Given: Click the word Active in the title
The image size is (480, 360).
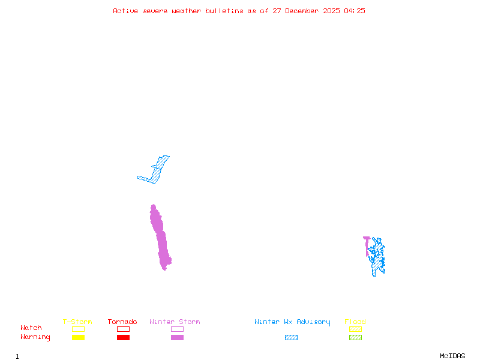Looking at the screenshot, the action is click(126, 11).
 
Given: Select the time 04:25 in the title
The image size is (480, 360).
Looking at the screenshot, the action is click(355, 11).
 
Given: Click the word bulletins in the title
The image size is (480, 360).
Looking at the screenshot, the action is click(224, 11).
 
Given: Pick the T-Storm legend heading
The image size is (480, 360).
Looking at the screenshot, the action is click(77, 322).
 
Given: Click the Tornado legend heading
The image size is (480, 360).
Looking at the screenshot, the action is click(122, 322).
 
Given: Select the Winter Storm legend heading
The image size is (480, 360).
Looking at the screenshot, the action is click(175, 322).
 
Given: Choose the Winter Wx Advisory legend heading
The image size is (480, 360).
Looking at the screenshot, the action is click(292, 322).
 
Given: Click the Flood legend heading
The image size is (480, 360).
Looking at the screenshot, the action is click(355, 322).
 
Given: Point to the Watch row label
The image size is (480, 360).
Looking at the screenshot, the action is click(31, 328).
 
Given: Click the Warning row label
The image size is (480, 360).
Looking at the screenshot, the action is click(35, 337).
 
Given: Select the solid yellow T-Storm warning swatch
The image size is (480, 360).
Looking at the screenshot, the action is click(78, 338).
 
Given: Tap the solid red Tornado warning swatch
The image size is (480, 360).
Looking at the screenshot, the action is click(123, 338).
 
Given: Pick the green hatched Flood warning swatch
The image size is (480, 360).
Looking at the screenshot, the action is click(355, 338).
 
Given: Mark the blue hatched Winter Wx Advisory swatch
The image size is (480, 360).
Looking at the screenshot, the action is click(291, 338).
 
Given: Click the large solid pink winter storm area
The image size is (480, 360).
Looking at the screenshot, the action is click(161, 240).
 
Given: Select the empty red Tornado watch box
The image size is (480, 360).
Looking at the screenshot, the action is click(123, 329).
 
